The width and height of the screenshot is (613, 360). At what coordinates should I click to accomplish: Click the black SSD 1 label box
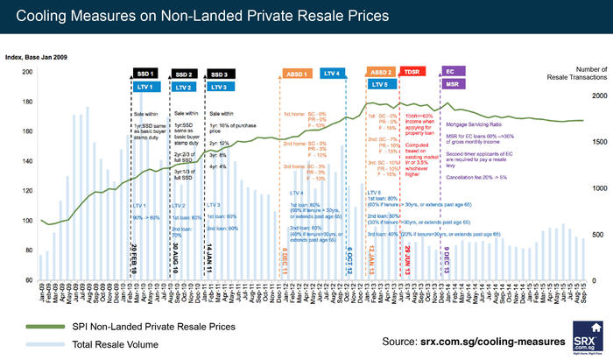coord(144,74)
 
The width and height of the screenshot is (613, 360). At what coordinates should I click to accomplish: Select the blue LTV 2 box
coord(182,88)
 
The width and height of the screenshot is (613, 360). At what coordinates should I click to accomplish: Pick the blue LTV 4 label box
coord(335,74)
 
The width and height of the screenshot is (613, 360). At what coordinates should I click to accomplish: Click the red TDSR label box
coord(412,72)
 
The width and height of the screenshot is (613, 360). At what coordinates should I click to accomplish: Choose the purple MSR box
coord(450,85)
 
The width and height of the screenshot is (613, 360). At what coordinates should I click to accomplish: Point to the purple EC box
coord(450,72)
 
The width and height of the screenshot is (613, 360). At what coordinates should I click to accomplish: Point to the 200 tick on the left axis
coord(26,72)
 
